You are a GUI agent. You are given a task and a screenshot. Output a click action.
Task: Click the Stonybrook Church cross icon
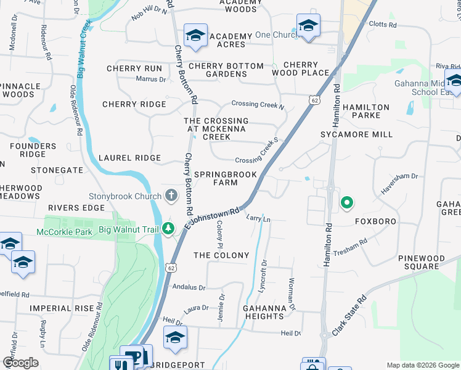[x=171, y=196]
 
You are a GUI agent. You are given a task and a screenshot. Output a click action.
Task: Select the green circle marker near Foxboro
[x=347, y=202]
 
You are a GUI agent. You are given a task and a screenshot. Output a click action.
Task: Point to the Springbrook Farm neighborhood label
[x=225, y=178]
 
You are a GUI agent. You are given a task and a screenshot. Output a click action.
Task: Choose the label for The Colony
[x=221, y=255]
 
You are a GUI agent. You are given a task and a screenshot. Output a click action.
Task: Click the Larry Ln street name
[x=258, y=219]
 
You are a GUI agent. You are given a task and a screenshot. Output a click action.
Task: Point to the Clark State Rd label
[x=349, y=316]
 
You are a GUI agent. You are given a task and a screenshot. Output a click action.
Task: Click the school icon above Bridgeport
[x=175, y=338]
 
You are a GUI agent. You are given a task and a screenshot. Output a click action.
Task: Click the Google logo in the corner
[x=20, y=362]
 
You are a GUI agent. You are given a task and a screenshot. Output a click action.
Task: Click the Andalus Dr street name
[x=189, y=287]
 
